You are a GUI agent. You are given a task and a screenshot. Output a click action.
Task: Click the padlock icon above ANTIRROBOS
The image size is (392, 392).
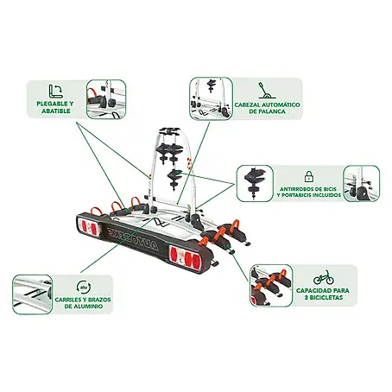coord(309,177)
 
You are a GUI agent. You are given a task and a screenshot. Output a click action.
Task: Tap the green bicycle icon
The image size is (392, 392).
coord(324,277)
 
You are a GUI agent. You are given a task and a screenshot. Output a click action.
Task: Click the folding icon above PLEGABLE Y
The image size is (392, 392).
coord(55,92)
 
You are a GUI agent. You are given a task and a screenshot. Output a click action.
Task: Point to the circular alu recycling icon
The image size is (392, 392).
coord(84,288)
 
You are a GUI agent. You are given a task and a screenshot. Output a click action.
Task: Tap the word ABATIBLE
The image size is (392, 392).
coord(56,111)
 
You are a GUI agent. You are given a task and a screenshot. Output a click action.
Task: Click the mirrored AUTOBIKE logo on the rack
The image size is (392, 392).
coord(133,238)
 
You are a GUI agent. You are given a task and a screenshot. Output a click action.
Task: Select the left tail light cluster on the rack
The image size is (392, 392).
coord(89,227)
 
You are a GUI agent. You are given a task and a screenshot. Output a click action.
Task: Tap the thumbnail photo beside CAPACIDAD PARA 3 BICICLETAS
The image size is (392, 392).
coord(271,286)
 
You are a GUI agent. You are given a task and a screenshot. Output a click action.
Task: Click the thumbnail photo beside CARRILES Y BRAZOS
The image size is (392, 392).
coord(33,294)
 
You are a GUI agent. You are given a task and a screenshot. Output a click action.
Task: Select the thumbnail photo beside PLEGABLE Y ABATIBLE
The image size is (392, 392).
coord(106,99)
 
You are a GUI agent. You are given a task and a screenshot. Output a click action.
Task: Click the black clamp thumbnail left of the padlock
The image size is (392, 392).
coord(255,183)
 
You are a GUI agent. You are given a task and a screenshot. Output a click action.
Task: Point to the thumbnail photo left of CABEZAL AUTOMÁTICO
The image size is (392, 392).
coord(211,98)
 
